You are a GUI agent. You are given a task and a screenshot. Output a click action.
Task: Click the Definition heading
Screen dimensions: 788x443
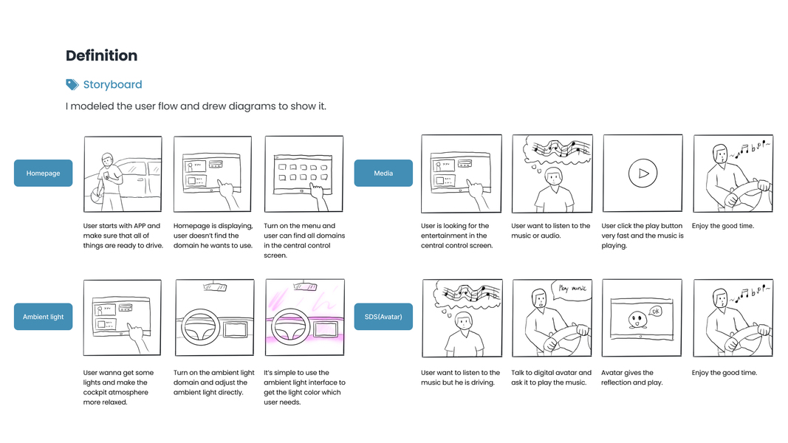[101, 55]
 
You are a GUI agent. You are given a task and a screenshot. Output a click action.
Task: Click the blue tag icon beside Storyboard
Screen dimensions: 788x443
[72, 84]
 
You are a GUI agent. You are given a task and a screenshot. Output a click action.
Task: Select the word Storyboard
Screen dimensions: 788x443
[112, 84]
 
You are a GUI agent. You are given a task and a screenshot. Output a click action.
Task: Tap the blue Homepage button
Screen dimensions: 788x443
[44, 174]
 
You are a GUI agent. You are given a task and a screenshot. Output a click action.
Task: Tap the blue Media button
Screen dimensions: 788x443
[383, 174]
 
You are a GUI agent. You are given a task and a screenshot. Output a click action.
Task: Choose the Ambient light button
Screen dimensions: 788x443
[44, 317]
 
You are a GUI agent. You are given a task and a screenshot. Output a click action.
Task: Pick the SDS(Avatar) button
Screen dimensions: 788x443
[383, 317]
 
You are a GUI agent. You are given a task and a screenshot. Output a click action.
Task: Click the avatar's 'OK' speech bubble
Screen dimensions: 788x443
[655, 312]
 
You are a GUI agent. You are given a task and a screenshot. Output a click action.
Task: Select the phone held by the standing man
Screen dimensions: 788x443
[106, 175]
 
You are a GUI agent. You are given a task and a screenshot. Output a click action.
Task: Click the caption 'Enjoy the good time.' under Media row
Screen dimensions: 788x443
[723, 226]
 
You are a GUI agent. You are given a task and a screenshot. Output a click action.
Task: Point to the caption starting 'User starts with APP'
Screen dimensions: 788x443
[123, 236]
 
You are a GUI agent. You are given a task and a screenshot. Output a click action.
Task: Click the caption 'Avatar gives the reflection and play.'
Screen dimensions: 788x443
[631, 378]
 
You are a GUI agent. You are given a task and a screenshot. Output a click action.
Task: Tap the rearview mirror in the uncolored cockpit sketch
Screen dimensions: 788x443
[215, 287]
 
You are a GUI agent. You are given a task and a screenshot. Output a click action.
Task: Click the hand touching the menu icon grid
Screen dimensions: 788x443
[318, 197]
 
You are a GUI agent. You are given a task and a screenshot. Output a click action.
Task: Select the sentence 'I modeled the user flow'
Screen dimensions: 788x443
[196, 106]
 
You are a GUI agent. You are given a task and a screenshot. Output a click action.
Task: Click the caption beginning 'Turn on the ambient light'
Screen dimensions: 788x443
[213, 382]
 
